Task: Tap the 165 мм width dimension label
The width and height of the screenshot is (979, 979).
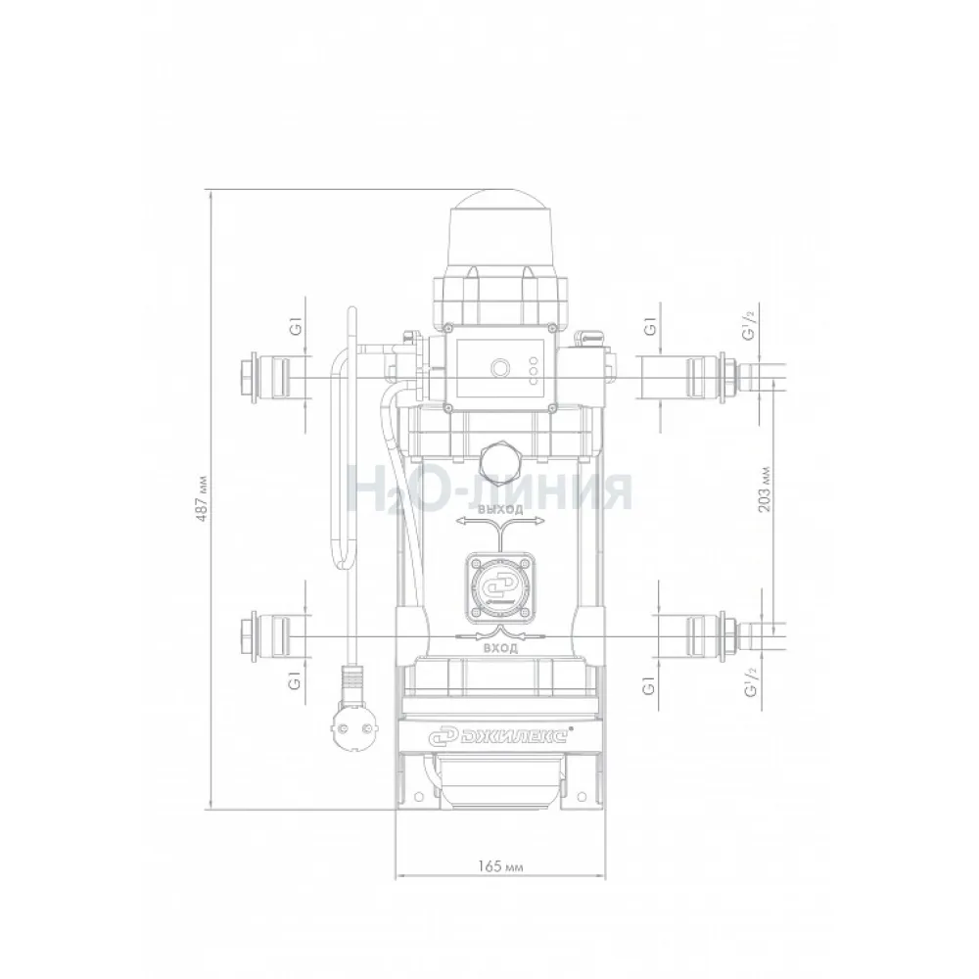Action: click(x=500, y=866)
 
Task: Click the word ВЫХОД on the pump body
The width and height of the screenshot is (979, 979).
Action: click(x=500, y=509)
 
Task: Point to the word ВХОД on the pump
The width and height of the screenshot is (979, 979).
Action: click(x=500, y=649)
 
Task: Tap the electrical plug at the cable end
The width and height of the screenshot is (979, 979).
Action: click(x=350, y=712)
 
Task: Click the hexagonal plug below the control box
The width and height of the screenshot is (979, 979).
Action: click(x=499, y=459)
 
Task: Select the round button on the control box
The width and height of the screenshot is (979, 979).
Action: click(x=499, y=368)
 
